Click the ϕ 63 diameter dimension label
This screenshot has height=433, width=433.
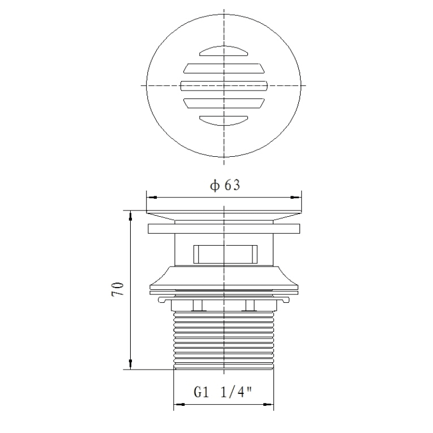tap(225, 185)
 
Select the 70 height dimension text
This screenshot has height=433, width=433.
tap(118, 289)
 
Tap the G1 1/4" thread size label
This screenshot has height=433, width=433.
tap(223, 392)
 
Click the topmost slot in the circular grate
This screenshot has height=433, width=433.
tap(224, 51)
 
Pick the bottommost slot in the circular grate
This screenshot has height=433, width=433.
tap(224, 121)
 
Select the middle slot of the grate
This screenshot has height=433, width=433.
tap(224, 86)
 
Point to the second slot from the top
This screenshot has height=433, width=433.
tap(224, 68)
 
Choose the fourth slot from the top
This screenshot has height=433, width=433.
tap(224, 103)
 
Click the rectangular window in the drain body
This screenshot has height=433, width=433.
tap(226, 254)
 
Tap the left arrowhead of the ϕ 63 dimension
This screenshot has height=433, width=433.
tap(153, 197)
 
